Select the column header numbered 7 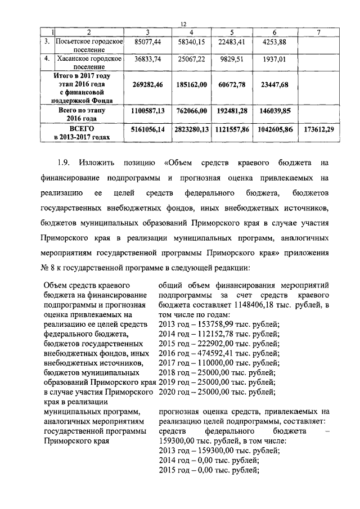318,33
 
